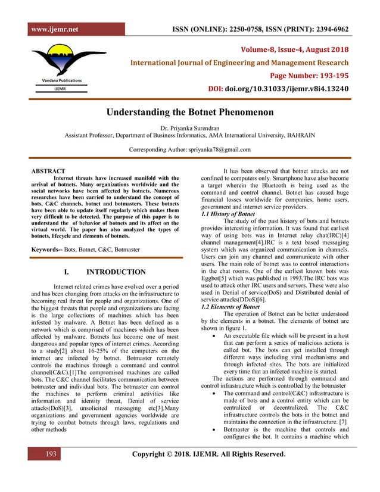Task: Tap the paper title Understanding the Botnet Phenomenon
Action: click(x=190, y=112)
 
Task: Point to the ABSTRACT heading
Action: click(x=48, y=171)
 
